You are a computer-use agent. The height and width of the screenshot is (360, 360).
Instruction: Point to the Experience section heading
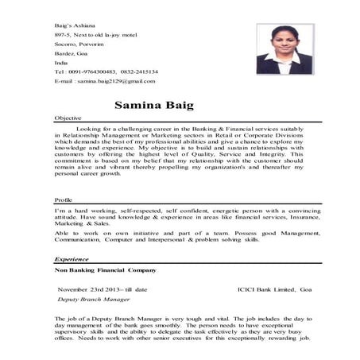(71, 259)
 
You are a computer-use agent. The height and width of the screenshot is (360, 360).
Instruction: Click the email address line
(104, 81)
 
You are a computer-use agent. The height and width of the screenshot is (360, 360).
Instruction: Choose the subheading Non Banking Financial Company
(105, 270)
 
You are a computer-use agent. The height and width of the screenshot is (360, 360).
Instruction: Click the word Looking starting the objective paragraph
(88, 127)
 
